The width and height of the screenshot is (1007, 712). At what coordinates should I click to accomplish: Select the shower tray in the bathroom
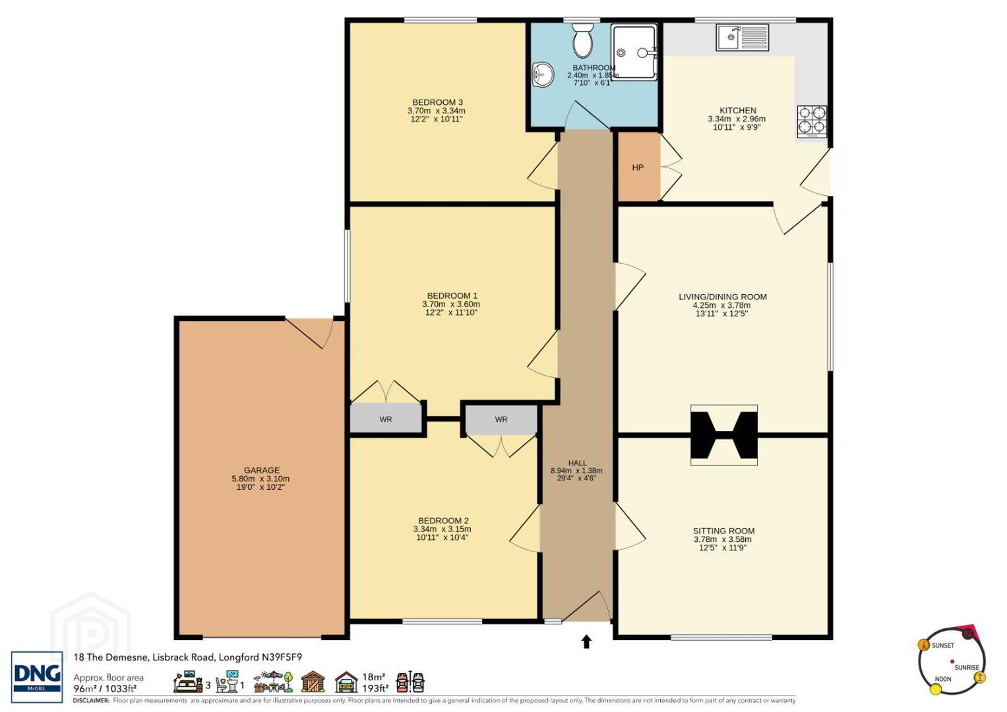point(634,53)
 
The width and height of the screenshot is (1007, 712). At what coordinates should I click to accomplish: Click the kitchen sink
point(742,38)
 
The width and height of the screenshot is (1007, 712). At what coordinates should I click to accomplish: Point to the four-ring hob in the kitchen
point(812,121)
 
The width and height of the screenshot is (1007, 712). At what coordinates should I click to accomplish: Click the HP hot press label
point(638,167)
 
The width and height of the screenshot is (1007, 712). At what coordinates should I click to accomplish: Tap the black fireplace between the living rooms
point(724,435)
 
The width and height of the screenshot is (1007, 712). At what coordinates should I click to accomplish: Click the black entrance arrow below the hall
point(586,641)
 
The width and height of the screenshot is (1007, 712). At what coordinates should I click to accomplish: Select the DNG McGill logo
point(37,677)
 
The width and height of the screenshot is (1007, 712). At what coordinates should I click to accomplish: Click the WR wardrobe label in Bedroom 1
point(386,419)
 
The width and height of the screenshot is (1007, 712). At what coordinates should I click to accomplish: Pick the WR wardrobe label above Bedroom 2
point(501,419)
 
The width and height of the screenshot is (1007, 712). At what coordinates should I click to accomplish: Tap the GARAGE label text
point(262,471)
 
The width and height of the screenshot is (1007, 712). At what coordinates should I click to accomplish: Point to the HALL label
point(577,463)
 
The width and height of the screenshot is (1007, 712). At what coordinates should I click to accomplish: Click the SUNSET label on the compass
point(943,645)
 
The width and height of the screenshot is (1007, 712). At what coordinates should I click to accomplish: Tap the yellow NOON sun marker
point(936,689)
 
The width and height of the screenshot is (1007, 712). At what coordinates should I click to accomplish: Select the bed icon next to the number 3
point(189,682)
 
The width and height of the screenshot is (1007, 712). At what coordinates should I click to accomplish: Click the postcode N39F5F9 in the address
point(282,657)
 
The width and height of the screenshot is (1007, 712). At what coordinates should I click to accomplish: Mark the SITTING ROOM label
point(724,531)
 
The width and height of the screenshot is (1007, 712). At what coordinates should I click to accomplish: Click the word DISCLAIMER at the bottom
point(91,700)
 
